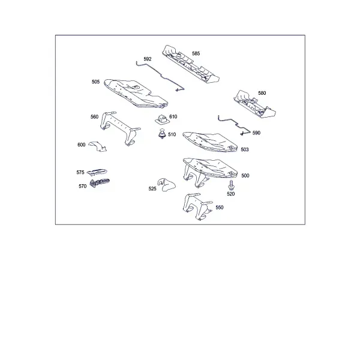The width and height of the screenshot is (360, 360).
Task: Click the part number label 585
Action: point(196,53)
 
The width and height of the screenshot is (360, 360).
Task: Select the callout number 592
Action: point(148,59)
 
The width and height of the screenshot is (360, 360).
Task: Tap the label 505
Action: point(95,82)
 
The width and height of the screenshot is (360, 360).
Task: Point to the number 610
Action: point(173,116)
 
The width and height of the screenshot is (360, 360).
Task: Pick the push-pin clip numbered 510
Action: point(163,134)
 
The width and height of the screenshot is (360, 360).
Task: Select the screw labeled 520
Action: point(231,185)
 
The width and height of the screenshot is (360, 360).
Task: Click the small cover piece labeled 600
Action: point(98,146)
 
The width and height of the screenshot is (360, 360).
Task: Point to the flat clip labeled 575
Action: point(97,171)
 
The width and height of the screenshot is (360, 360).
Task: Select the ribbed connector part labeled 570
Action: point(99,183)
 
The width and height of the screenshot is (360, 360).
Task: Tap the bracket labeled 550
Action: point(197,206)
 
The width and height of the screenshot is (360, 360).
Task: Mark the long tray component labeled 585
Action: point(191,64)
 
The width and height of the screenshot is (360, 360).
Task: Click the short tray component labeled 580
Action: point(254,104)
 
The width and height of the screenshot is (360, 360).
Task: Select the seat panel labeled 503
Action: point(210,142)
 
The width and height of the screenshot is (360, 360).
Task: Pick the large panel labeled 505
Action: point(136,94)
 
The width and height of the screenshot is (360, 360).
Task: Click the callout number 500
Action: point(245,176)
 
